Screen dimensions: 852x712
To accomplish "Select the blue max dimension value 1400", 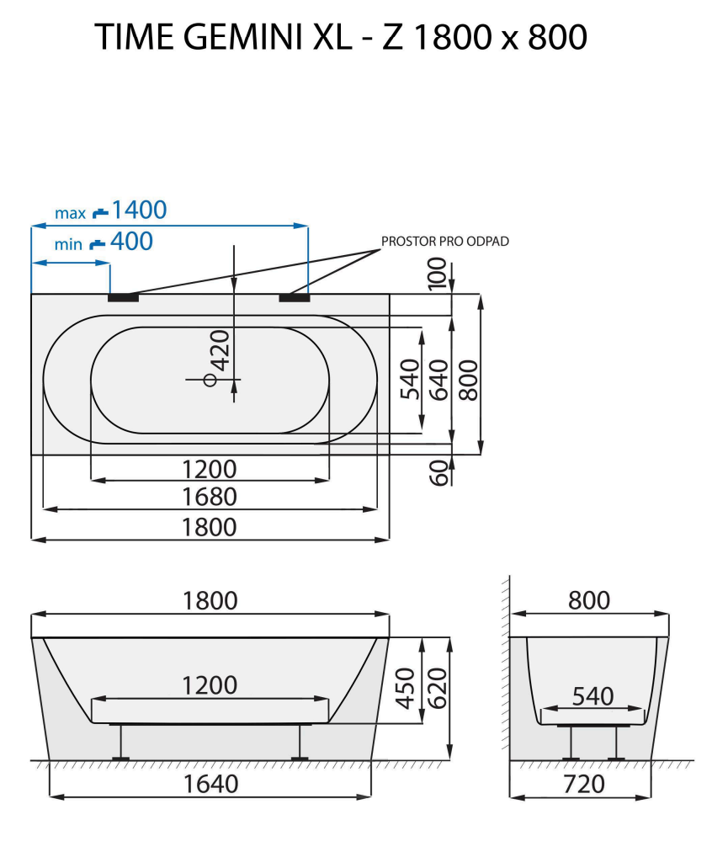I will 139,210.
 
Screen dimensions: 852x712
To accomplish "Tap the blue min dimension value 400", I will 131,242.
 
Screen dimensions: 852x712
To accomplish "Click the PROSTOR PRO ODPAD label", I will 445,241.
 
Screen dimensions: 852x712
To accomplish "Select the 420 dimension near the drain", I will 219,350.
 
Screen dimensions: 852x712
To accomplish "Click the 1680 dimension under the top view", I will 210,497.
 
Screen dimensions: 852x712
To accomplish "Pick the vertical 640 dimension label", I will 438,379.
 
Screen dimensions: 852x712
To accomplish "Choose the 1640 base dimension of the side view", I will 210,783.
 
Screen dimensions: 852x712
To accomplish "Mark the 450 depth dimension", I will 406,688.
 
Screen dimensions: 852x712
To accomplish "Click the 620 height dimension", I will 436,688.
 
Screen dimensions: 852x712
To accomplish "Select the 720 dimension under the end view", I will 583,784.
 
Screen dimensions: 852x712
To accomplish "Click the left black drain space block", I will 123,296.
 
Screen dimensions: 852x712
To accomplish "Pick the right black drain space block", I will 295,296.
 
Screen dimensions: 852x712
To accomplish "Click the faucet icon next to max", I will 100,210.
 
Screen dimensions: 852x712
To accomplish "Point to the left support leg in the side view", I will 122,742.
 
